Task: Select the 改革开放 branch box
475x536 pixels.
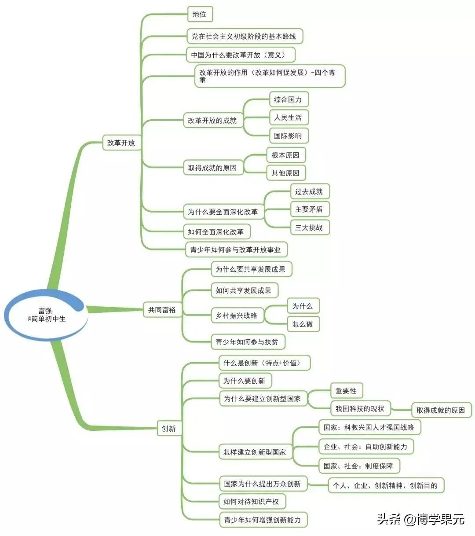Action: pos(121,143)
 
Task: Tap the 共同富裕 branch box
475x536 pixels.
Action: pos(162,310)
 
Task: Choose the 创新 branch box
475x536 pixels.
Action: pos(168,428)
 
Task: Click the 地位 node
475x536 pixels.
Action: pos(199,15)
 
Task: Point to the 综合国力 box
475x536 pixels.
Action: pos(288,99)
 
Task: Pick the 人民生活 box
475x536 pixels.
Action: pos(288,117)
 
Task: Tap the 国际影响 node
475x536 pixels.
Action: pos(288,136)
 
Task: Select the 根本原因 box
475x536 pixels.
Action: pos(285,155)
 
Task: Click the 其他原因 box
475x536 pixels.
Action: pos(285,173)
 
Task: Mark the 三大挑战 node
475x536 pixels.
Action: pos(309,228)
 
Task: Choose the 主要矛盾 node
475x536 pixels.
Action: pos(309,209)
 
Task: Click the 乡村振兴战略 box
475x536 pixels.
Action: pos(237,316)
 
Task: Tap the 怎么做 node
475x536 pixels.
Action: pos(303,324)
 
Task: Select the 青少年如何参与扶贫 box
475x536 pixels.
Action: pos(247,342)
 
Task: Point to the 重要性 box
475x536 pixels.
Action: pos(346,391)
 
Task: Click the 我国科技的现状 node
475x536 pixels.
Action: pos(360,409)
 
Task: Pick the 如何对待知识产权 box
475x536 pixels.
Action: pos(251,501)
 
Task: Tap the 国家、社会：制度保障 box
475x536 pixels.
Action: pos(358,466)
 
